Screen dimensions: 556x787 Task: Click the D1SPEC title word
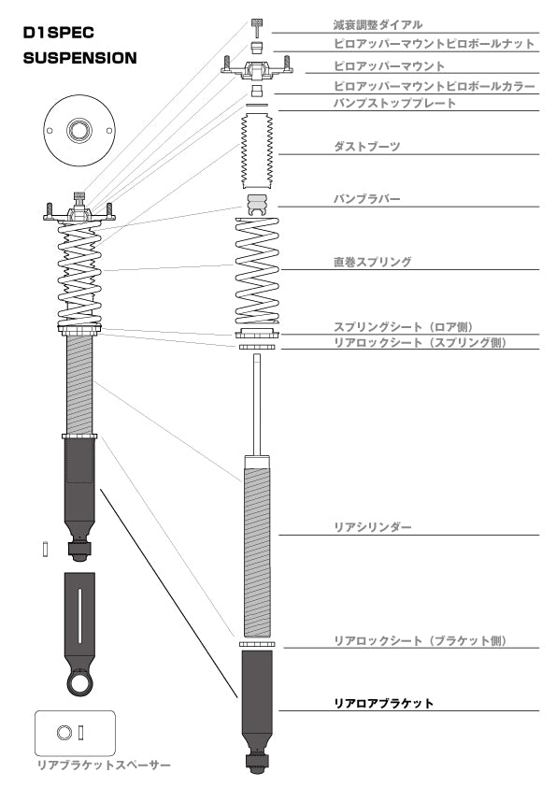tap(58, 33)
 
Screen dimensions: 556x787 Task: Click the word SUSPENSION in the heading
tap(79, 58)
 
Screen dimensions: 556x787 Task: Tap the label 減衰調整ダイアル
tap(378, 24)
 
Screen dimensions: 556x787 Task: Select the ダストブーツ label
tap(367, 147)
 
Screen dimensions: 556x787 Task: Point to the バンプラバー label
tap(367, 199)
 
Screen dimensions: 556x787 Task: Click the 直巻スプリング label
tap(372, 262)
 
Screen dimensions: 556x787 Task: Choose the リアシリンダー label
tap(372, 527)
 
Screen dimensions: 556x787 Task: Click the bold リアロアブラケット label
tap(383, 703)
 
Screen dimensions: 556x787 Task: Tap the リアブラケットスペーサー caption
tap(104, 765)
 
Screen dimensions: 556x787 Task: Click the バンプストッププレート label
tap(395, 104)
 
